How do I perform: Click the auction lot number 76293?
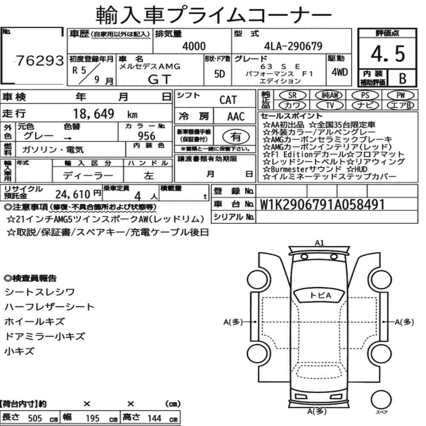pos(40,60)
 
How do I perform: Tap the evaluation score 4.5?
pos(388,54)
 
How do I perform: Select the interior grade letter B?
pos(403,78)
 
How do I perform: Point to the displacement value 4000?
pos(194,46)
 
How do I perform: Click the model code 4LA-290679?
pos(293,46)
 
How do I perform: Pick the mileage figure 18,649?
pos(94,114)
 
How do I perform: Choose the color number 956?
pos(147,136)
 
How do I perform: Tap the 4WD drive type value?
pos(340,72)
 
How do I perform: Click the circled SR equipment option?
pos(292,95)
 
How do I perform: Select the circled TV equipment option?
pos(330,105)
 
